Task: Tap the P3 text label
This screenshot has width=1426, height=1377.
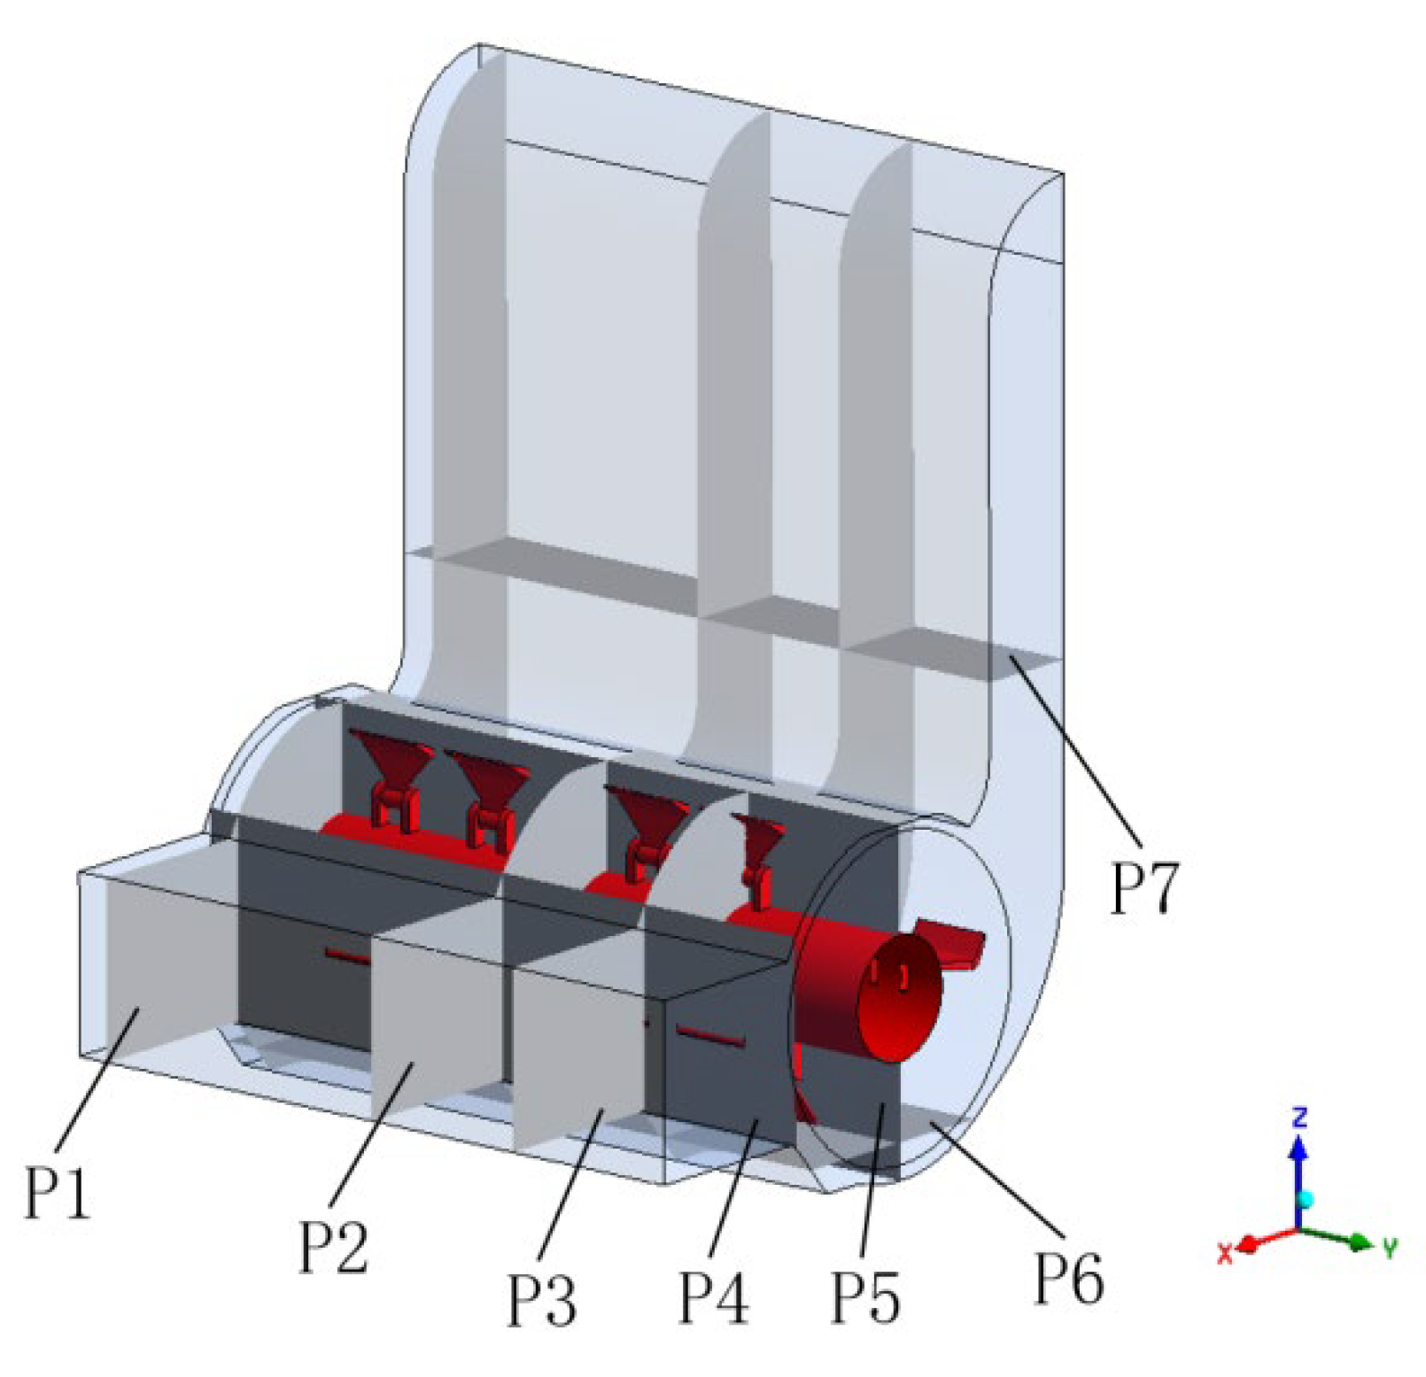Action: point(541,1299)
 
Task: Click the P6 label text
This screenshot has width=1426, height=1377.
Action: point(1069,1278)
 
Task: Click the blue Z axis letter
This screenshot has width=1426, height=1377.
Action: point(1299,1117)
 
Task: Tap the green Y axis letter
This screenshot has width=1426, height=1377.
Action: point(1390,1249)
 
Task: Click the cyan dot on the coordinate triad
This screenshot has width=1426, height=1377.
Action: point(1304,1200)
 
